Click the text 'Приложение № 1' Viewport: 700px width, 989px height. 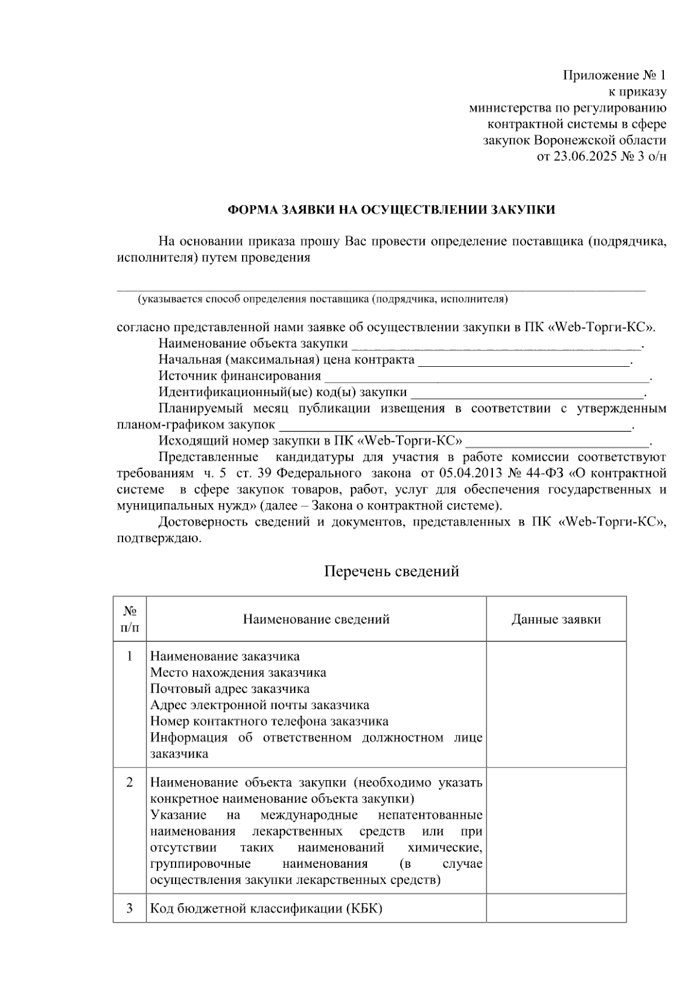(x=614, y=75)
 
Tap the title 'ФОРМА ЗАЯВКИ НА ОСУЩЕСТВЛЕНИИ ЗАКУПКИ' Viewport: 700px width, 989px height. (x=391, y=210)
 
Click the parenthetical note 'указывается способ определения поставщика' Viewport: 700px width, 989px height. (x=323, y=300)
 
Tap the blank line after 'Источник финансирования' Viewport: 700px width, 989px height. (x=487, y=377)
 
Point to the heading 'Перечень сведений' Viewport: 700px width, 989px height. (x=391, y=571)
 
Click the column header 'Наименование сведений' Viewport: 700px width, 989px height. (x=316, y=619)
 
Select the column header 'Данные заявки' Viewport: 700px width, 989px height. (x=556, y=619)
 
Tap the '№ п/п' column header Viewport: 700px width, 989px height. (x=130, y=619)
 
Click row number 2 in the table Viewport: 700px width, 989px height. (x=129, y=782)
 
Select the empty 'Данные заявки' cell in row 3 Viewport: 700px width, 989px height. (x=556, y=908)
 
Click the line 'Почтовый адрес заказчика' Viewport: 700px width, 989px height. (x=230, y=689)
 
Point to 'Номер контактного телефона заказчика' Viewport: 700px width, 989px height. (x=269, y=721)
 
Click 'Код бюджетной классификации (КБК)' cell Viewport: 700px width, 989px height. (x=266, y=909)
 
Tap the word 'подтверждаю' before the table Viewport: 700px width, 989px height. (x=159, y=538)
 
